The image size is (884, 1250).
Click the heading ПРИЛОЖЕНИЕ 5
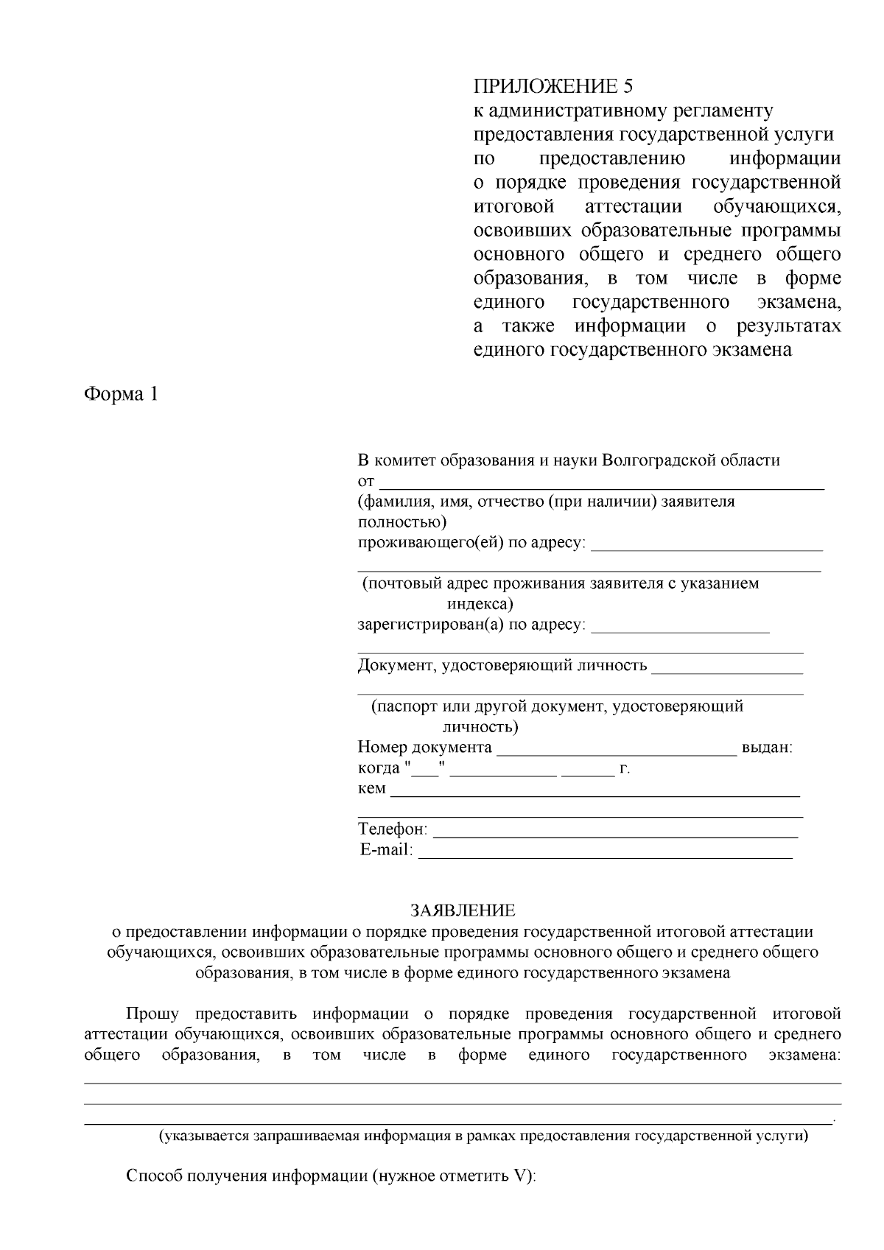pos(552,86)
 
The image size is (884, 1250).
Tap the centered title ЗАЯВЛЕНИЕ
pos(463,910)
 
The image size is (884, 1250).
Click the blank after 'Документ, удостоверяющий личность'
pos(727,670)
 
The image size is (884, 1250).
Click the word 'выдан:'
pos(767,748)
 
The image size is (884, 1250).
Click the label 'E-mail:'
pos(386,851)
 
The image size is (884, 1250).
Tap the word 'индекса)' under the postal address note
pos(480,605)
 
